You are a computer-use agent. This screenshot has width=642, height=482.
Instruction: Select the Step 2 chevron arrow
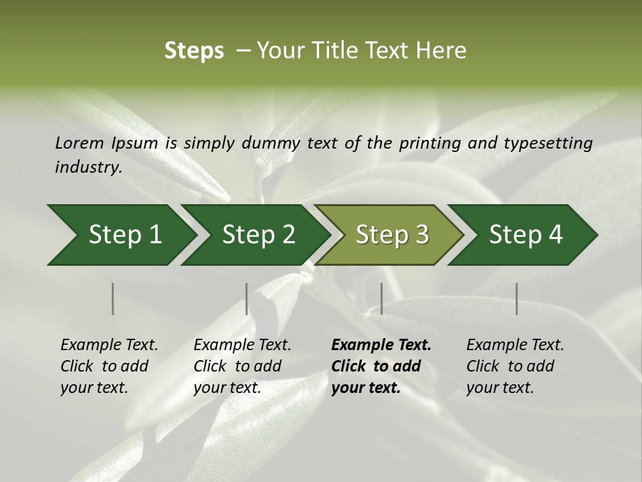point(258,234)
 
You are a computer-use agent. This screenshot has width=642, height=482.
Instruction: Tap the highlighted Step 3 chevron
point(392,234)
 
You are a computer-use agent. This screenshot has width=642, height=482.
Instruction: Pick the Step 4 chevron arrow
point(526,234)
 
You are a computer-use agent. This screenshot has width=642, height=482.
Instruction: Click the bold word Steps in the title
point(194,50)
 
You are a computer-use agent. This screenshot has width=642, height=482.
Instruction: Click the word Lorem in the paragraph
point(79,143)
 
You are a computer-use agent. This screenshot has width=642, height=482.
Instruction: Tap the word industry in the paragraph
point(88,167)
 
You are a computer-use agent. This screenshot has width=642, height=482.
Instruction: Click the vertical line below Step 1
point(113,299)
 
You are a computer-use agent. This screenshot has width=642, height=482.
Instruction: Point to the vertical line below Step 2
point(247,299)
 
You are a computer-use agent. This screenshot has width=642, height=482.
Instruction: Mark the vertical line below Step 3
point(381,299)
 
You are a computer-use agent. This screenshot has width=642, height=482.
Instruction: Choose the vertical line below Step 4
point(516,299)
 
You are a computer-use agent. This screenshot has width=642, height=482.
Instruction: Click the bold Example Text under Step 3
point(381,345)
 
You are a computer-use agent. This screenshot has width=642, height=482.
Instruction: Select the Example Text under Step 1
point(109,345)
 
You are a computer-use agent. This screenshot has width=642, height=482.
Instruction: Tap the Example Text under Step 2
point(242,345)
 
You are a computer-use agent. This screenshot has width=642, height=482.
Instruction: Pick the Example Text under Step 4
point(515,345)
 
